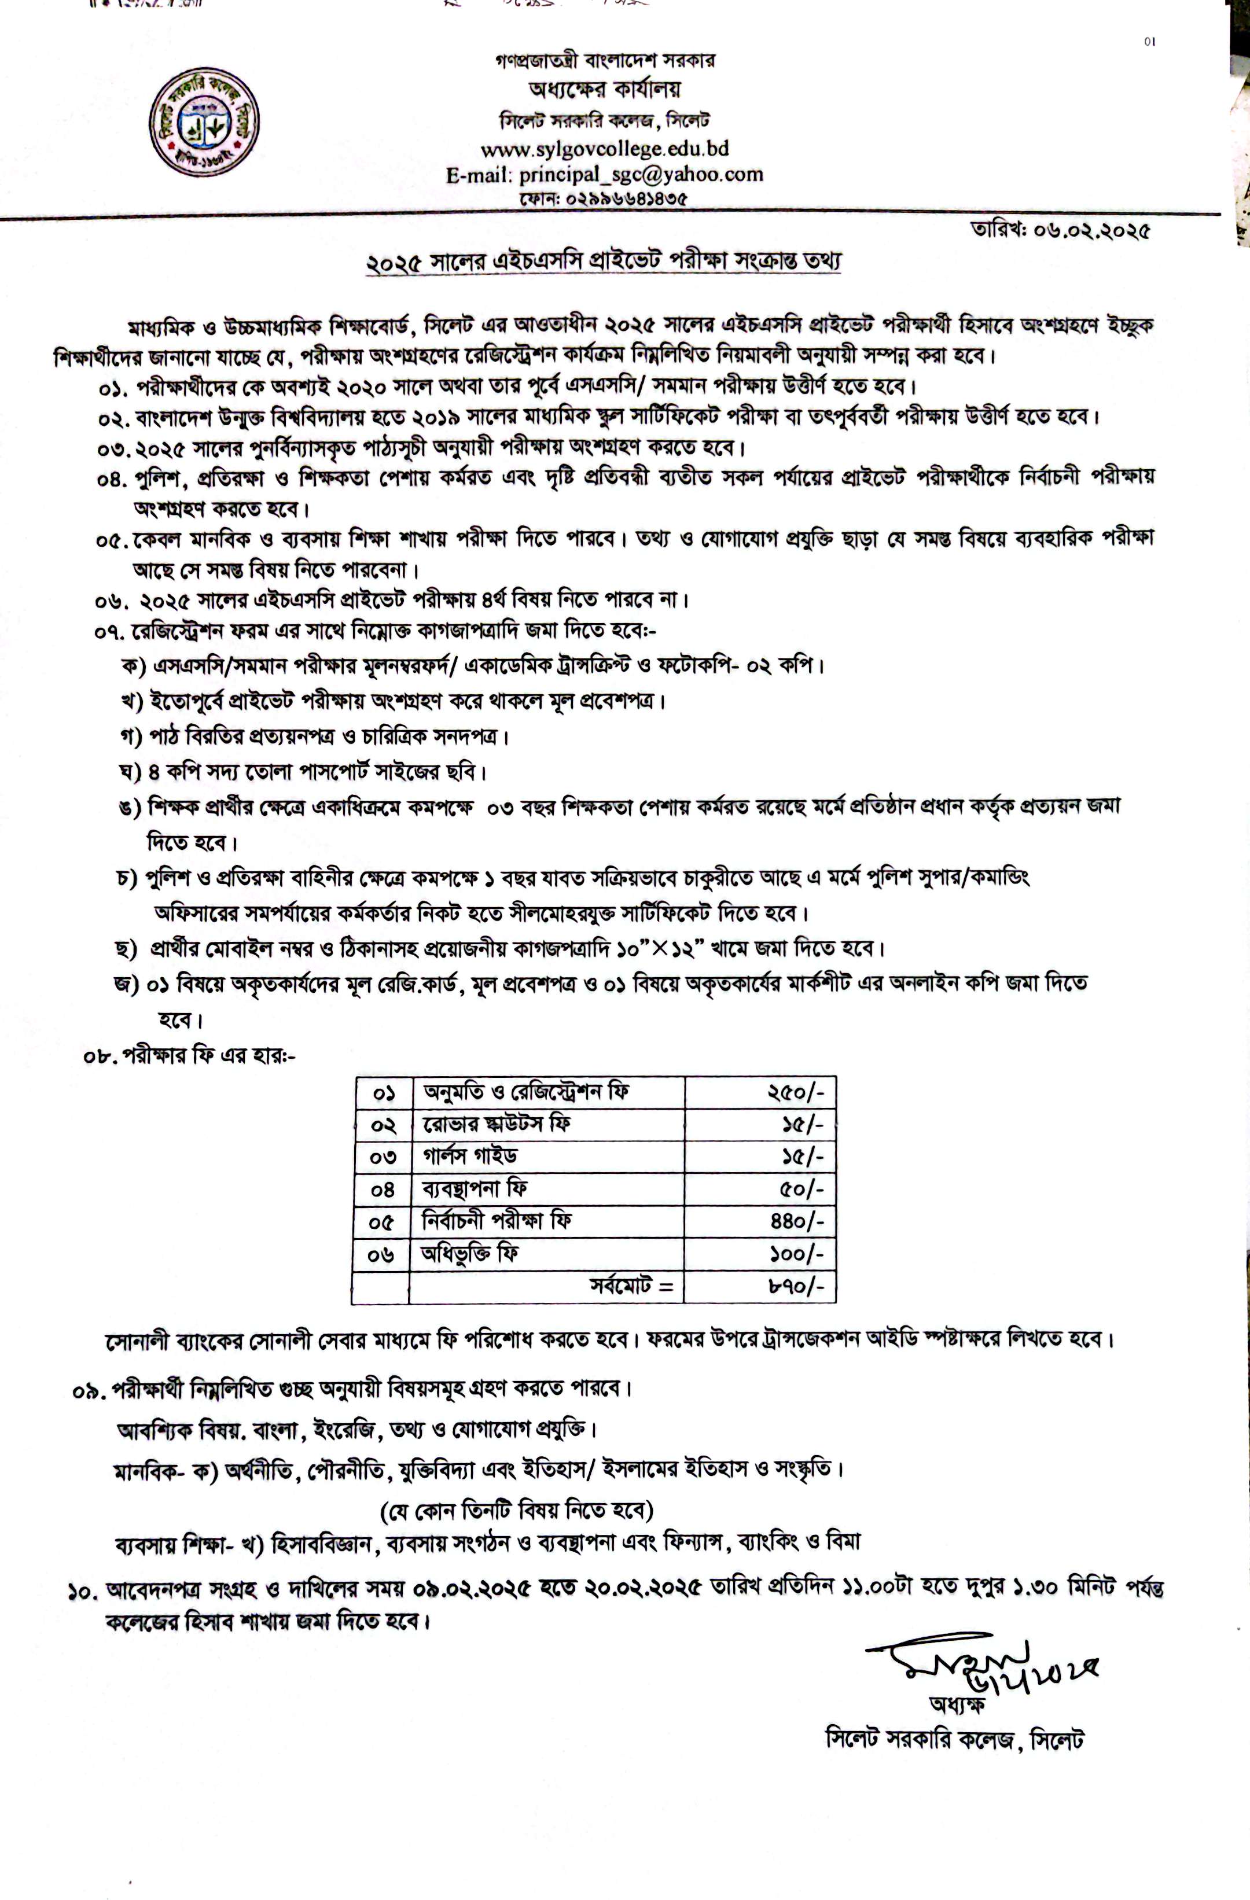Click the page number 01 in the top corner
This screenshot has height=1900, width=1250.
(x=1149, y=42)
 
